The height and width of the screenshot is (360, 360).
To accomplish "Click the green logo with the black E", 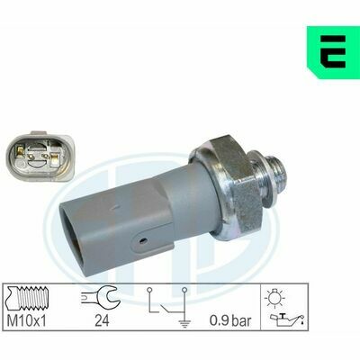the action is click(333, 52).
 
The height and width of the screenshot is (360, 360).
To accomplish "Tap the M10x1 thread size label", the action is click(27, 320).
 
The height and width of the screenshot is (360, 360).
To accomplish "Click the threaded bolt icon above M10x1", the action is click(28, 299).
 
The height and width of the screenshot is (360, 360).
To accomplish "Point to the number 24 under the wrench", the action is click(102, 320).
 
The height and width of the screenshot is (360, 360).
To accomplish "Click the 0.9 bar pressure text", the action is click(230, 320).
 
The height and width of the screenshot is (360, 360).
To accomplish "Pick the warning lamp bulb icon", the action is click(274, 298).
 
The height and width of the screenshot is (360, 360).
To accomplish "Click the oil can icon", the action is click(287, 319).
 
